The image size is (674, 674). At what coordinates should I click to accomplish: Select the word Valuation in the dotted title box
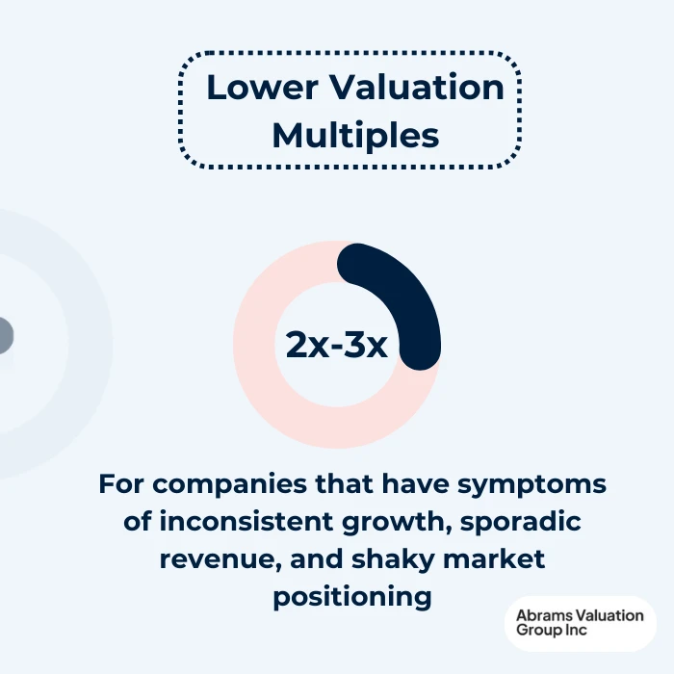coord(415,88)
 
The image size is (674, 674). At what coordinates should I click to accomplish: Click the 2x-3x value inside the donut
coord(336,345)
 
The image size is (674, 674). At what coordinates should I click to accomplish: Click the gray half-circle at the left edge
coord(5,336)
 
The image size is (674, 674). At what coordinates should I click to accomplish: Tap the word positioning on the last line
coord(351,596)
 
